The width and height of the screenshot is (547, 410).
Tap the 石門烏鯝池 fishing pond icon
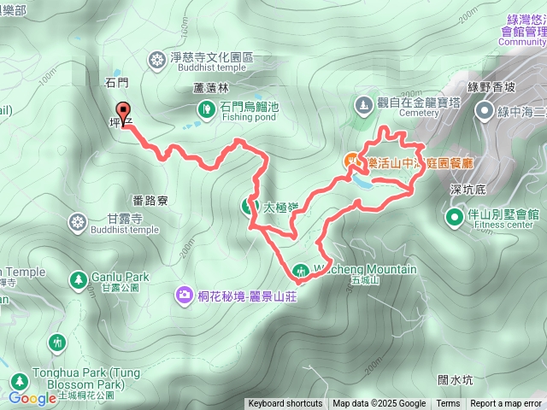[x=207, y=108]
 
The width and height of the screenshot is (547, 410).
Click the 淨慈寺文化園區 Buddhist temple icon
[x=157, y=59]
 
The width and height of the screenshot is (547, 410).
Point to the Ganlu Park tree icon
[x=79, y=278]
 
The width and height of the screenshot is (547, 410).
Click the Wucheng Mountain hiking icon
[x=300, y=272]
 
